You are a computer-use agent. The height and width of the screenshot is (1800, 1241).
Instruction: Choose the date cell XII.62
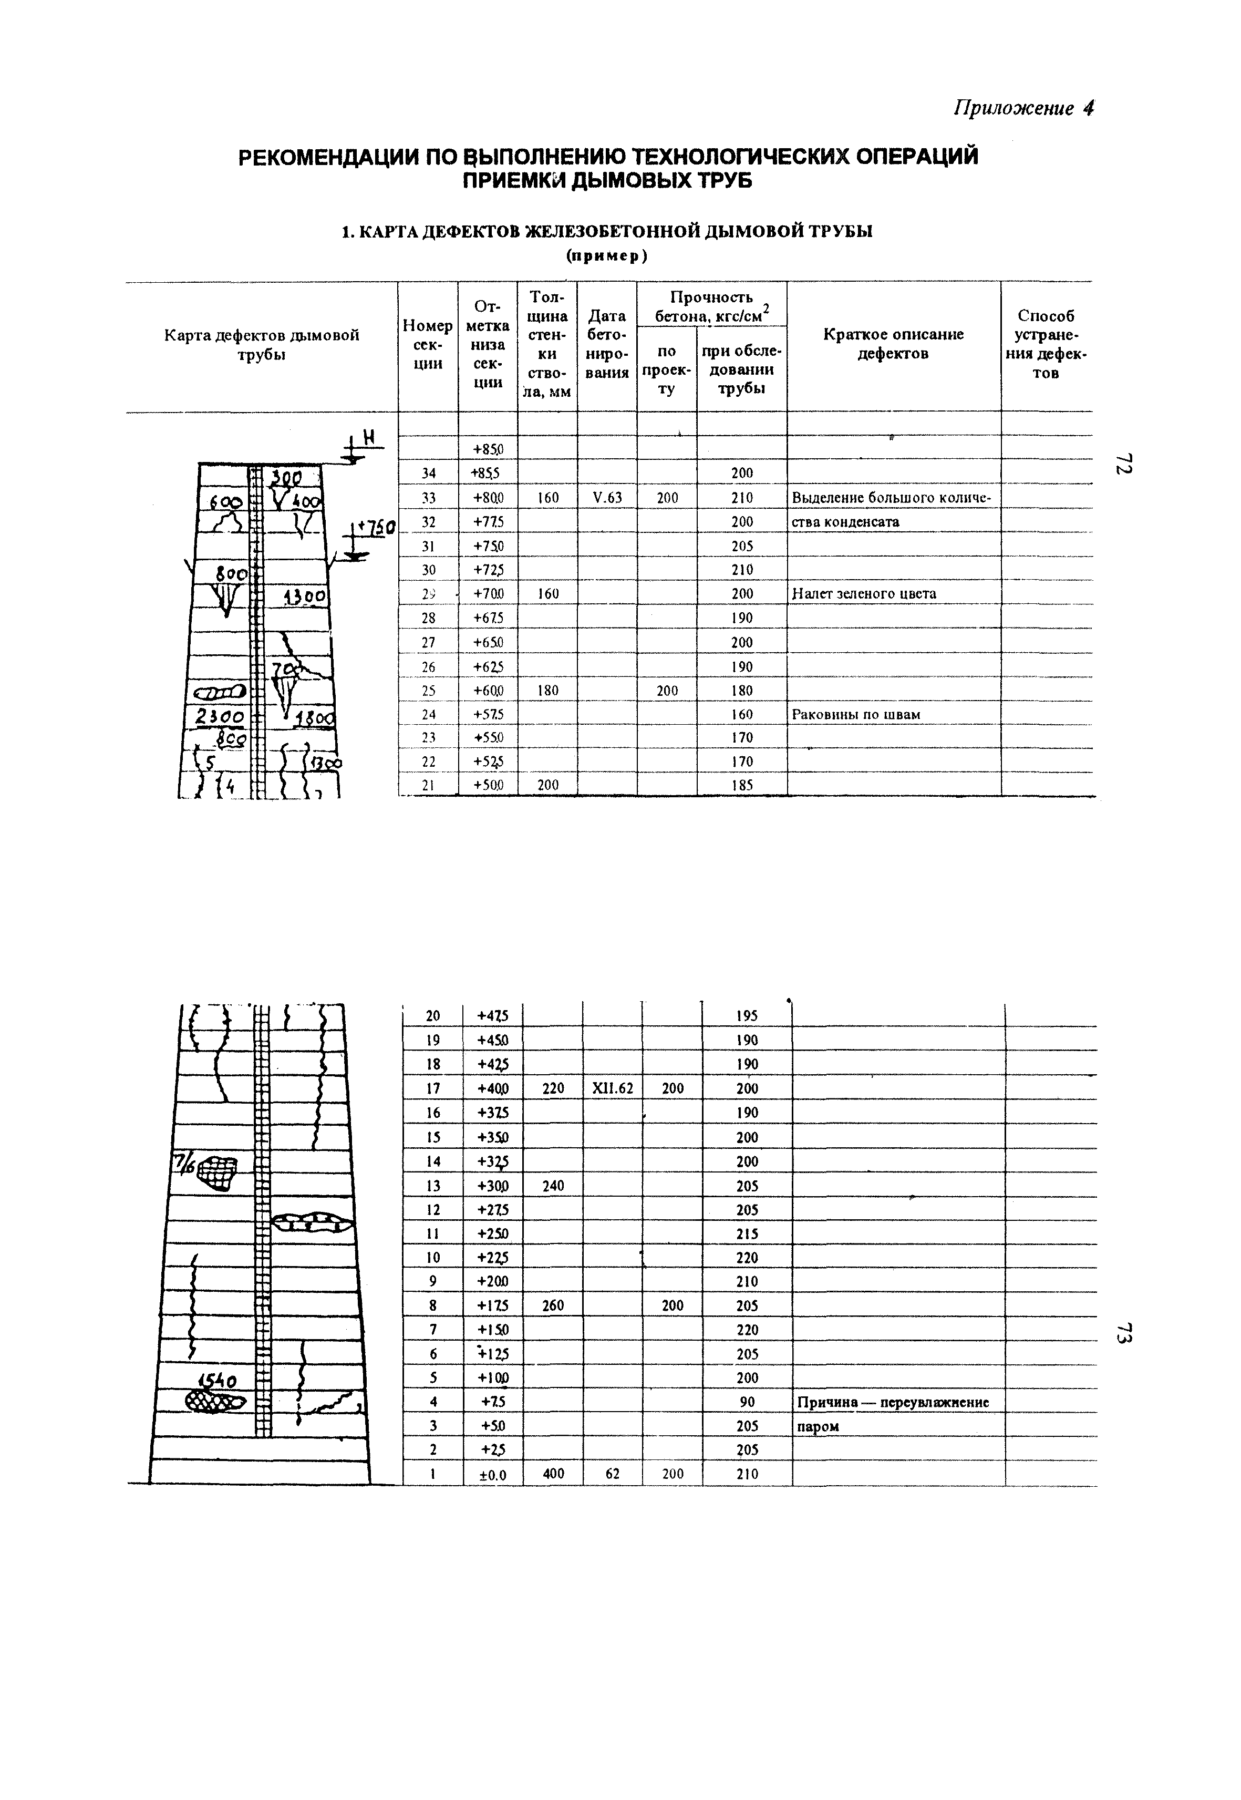pos(612,1088)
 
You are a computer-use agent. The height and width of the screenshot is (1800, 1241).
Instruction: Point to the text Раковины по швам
pos(855,714)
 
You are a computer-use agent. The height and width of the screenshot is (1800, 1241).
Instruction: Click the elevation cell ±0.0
pos(492,1474)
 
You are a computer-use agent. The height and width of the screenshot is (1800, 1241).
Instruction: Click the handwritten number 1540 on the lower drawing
pos(220,1381)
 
